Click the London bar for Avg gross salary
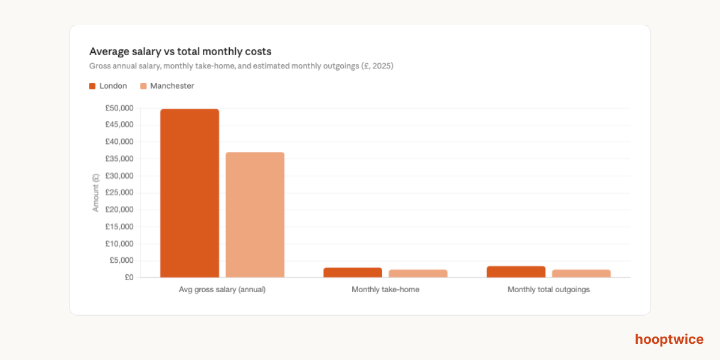point(190,193)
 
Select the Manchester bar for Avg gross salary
point(255,215)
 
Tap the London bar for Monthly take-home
point(353,272)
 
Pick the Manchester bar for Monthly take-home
point(418,274)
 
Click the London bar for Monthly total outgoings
point(516,272)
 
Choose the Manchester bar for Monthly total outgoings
point(581,274)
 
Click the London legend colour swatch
point(92,86)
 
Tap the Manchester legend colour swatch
point(143,86)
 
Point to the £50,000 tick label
point(119,108)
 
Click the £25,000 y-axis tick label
point(119,193)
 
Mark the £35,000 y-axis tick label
point(119,159)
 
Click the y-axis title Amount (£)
point(95,193)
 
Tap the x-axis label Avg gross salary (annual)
point(222,289)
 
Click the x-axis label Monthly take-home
point(385,289)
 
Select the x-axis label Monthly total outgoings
point(548,289)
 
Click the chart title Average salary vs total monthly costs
point(180,52)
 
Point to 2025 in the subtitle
point(381,66)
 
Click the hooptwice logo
point(669,340)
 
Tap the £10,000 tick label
point(119,244)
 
